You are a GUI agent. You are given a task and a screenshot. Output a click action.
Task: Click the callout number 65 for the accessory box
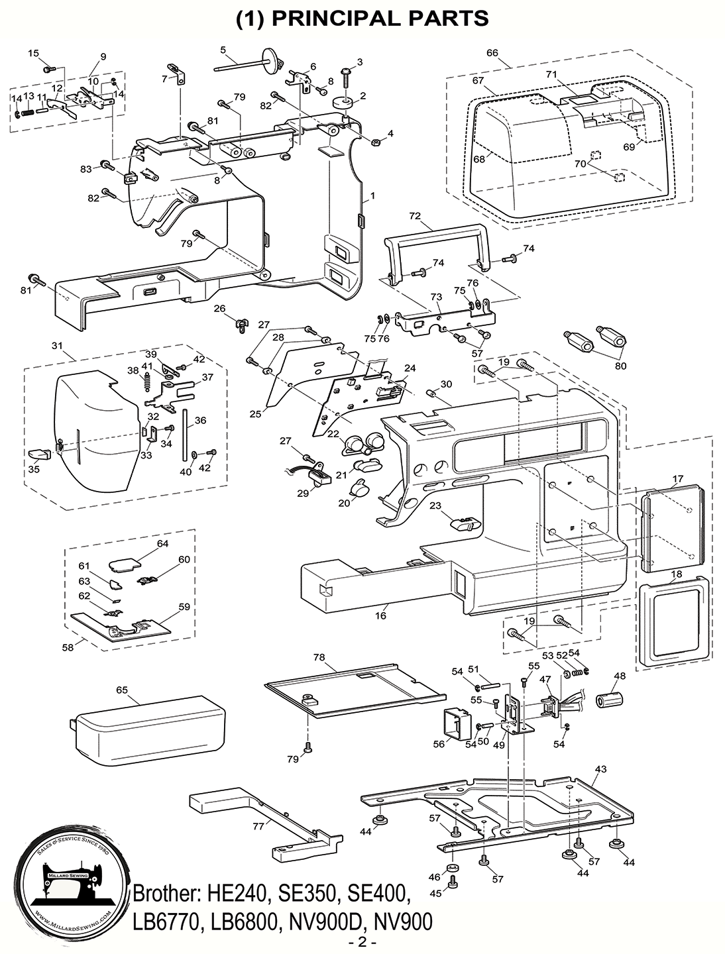(122, 690)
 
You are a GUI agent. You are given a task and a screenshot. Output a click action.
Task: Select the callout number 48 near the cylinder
(620, 676)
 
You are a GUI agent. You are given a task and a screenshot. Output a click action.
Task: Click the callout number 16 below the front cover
(380, 615)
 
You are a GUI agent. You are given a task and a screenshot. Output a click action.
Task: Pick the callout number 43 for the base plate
(601, 768)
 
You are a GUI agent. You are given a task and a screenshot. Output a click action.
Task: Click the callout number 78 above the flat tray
(319, 657)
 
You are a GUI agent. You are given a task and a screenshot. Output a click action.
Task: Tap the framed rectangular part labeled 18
(673, 618)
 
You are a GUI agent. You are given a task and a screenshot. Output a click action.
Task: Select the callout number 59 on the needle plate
(184, 606)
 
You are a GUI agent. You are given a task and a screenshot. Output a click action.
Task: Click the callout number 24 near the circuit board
(410, 368)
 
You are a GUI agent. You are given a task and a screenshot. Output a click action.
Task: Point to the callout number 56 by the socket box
(439, 744)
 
